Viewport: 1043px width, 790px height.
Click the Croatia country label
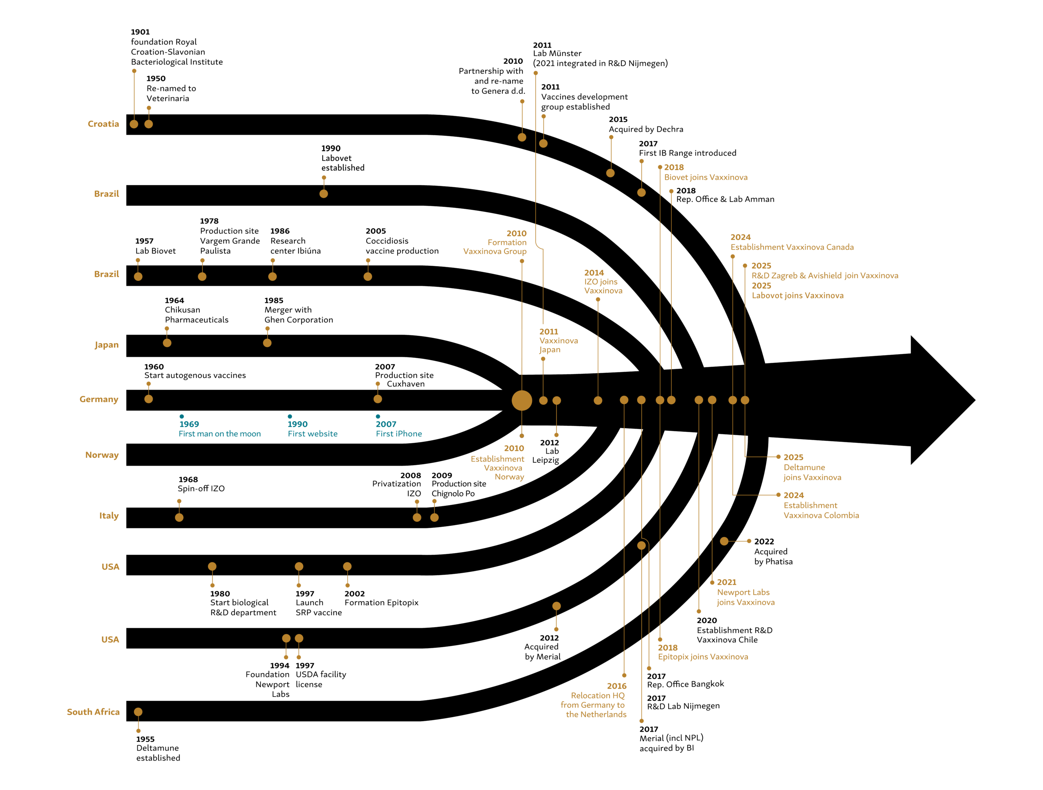coord(103,124)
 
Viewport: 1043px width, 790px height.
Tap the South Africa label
coord(93,712)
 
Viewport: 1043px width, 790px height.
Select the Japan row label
coord(107,345)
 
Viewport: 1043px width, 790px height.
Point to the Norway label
coord(102,455)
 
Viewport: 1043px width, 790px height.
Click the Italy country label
coord(108,516)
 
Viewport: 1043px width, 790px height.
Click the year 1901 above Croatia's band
coord(140,32)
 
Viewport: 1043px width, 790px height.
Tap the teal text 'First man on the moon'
coord(219,434)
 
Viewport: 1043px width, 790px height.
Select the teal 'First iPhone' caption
coord(398,434)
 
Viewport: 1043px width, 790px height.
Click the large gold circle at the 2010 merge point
coord(521,400)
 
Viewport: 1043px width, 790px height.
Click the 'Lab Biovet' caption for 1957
coord(155,251)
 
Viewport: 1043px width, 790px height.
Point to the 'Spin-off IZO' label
coord(201,488)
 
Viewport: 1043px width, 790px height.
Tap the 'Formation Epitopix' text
coord(381,602)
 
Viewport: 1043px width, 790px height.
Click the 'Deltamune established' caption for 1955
coord(158,753)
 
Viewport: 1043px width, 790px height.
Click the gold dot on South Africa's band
coord(138,712)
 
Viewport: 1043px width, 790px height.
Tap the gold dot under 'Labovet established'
coord(323,194)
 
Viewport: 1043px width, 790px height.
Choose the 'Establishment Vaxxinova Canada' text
coord(792,247)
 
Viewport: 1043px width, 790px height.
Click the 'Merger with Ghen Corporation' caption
coord(299,315)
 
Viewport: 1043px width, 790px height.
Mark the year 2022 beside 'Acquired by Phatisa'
coord(764,542)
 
